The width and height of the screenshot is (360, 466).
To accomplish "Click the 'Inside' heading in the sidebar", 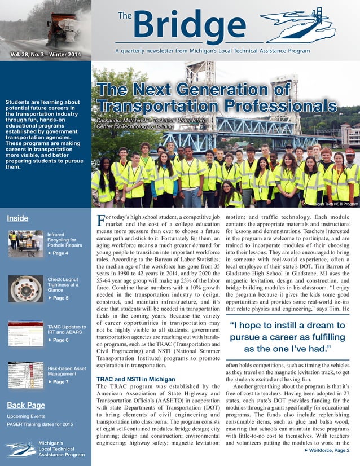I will point(17,218).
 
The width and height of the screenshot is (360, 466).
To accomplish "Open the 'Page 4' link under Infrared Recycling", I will point(58,253).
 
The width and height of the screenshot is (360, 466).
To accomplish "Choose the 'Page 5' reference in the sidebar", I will point(58,298).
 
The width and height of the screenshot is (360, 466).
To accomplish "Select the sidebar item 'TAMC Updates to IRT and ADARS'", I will point(67,330).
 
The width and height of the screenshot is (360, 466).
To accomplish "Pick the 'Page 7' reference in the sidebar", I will point(58,382).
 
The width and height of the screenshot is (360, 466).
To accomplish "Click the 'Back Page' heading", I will point(26,405).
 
